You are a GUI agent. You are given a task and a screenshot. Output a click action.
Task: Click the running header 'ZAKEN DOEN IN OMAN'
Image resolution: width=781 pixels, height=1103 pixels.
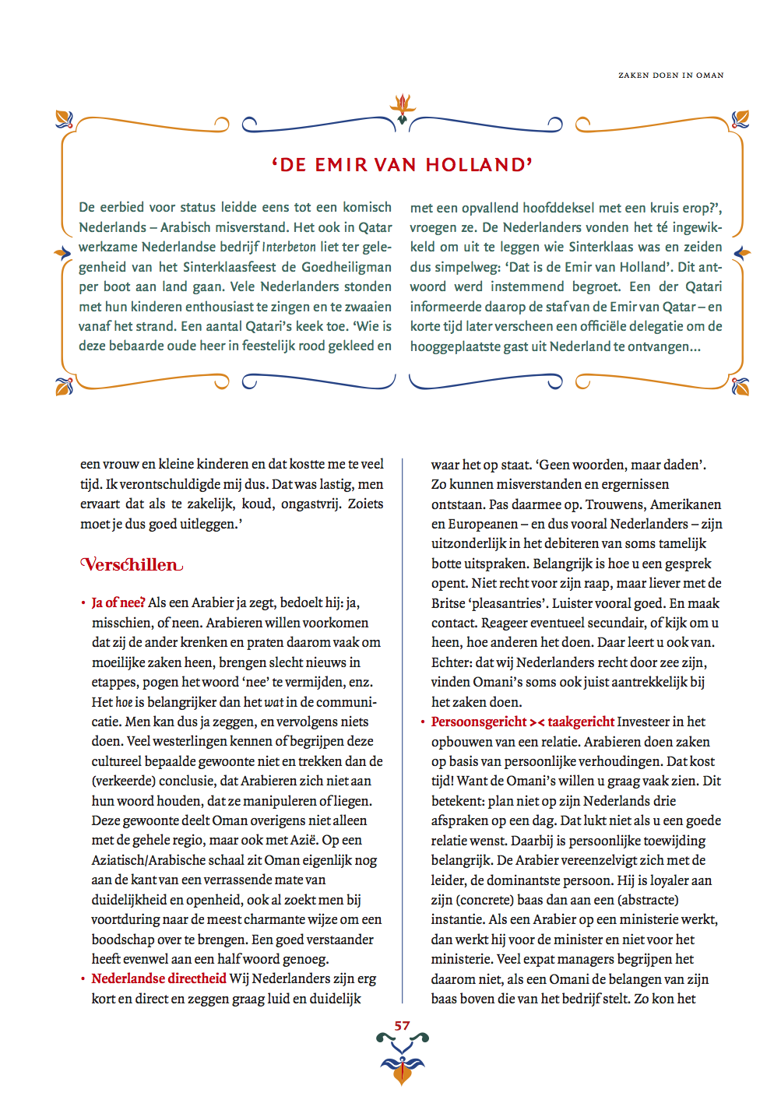(x=670, y=76)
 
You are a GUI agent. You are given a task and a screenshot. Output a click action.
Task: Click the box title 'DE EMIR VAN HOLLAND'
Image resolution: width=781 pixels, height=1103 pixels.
(x=402, y=165)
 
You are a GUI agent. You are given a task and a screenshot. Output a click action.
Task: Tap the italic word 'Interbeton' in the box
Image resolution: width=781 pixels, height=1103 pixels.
(x=289, y=248)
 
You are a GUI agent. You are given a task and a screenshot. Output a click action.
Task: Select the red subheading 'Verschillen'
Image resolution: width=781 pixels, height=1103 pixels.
(x=132, y=564)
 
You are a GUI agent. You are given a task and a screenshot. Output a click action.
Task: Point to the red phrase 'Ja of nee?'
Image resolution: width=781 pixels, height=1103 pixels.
(x=118, y=602)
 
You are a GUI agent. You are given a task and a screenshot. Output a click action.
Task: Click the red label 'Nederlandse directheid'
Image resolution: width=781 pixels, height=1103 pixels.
(x=159, y=978)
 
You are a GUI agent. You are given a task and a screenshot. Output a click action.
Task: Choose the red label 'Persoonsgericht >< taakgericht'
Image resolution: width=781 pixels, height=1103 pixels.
(x=522, y=722)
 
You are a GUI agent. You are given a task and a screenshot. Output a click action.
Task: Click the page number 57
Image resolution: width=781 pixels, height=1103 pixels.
(x=402, y=1026)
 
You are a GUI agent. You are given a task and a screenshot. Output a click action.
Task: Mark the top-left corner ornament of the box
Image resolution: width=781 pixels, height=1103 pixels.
(x=64, y=119)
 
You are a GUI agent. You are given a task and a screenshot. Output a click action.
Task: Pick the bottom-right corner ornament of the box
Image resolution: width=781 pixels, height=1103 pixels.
(x=741, y=386)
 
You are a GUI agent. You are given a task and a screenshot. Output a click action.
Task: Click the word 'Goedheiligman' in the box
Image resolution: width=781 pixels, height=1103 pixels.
(x=347, y=267)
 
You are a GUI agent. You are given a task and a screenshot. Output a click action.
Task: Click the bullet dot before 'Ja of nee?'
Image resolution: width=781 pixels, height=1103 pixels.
(x=83, y=603)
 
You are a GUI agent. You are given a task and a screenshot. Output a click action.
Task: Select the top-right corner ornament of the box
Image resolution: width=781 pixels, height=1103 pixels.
(x=741, y=119)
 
